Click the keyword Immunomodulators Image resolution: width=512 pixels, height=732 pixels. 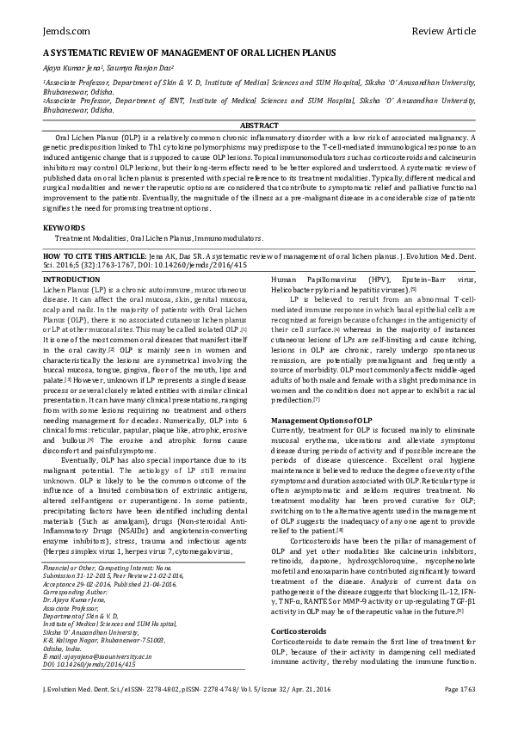[225, 237]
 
